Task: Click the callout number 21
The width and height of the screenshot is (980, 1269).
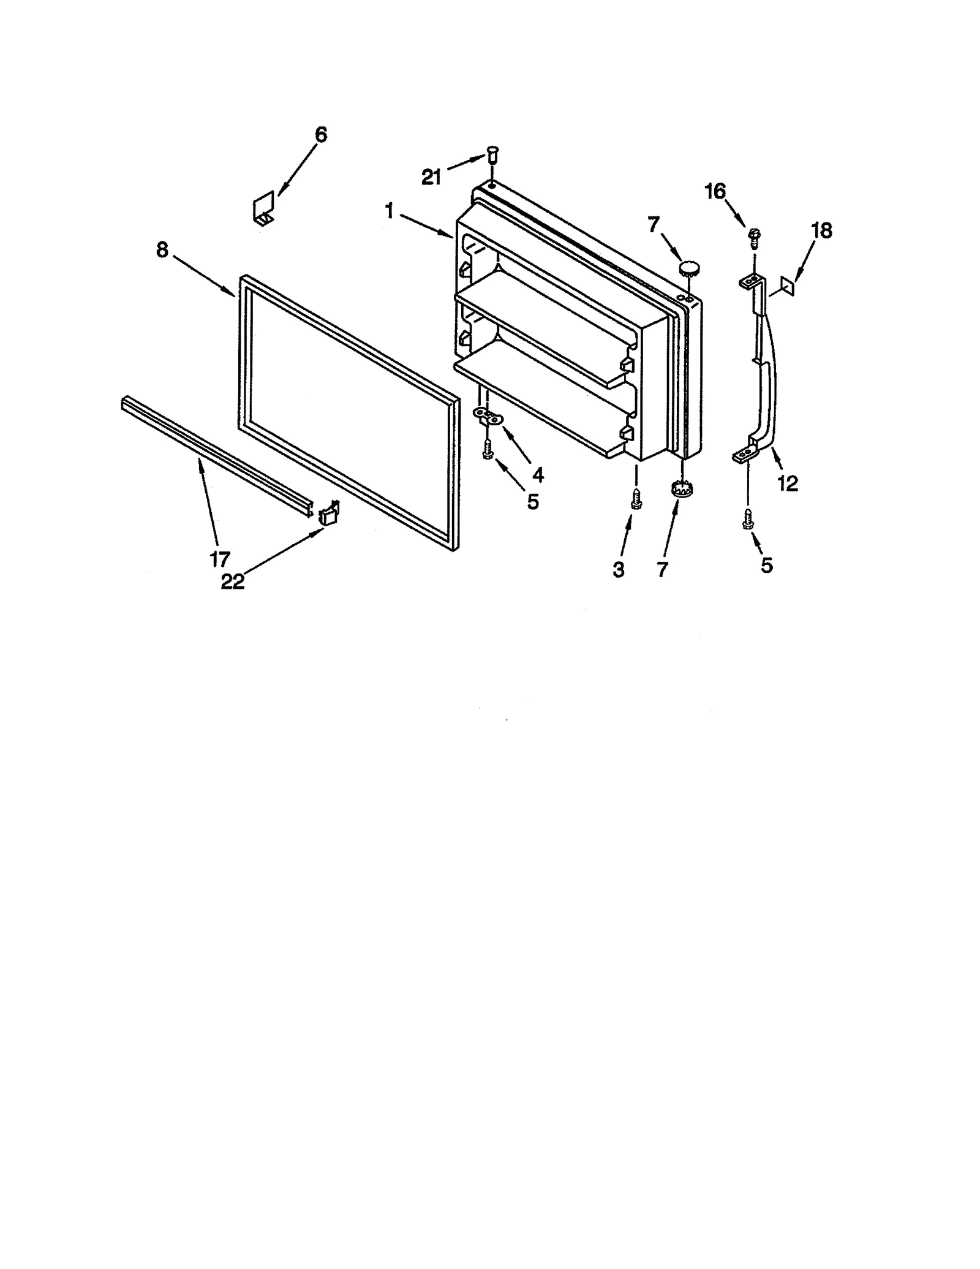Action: point(431,178)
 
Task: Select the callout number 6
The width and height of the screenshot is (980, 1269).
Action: point(321,135)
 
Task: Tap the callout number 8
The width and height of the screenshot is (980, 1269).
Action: point(162,250)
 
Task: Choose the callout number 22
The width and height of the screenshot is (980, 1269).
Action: point(233,581)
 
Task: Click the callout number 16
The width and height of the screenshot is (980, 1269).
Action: point(715,192)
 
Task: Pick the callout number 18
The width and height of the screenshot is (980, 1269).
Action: point(821,230)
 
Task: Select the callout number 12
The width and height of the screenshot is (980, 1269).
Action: point(788,483)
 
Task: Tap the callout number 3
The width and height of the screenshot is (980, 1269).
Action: point(619,569)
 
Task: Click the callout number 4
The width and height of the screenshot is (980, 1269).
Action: point(537,474)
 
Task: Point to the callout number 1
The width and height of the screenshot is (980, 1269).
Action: point(389,211)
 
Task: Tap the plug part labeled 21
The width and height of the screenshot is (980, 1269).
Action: point(492,153)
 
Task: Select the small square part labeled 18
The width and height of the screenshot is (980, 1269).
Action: point(788,286)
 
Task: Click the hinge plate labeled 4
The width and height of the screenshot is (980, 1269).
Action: point(488,417)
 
